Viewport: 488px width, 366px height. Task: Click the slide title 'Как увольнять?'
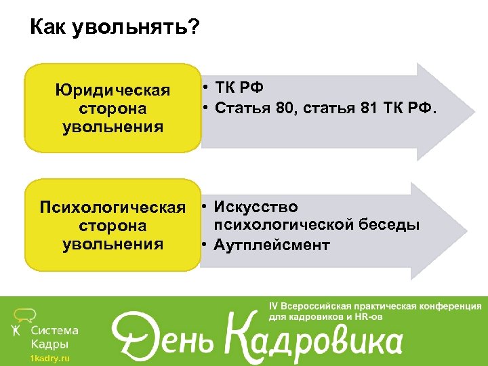click(x=115, y=28)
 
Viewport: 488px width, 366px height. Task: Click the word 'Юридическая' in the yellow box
click(x=113, y=91)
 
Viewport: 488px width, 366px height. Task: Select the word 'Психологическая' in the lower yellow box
click(x=113, y=207)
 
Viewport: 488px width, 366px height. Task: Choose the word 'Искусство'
click(x=255, y=207)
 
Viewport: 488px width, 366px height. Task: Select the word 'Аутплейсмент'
click(x=271, y=245)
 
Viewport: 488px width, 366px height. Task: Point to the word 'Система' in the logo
click(x=55, y=331)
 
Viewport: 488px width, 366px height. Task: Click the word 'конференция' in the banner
click(x=448, y=306)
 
